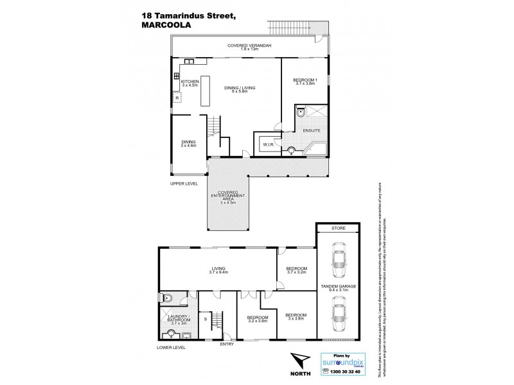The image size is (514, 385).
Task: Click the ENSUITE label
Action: click(x=312, y=130)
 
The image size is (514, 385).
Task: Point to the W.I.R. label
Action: click(x=269, y=144)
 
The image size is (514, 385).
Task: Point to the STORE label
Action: click(x=338, y=227)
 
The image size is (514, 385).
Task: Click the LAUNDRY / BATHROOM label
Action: click(x=177, y=320)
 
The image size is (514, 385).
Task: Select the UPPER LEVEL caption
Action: click(x=184, y=183)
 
